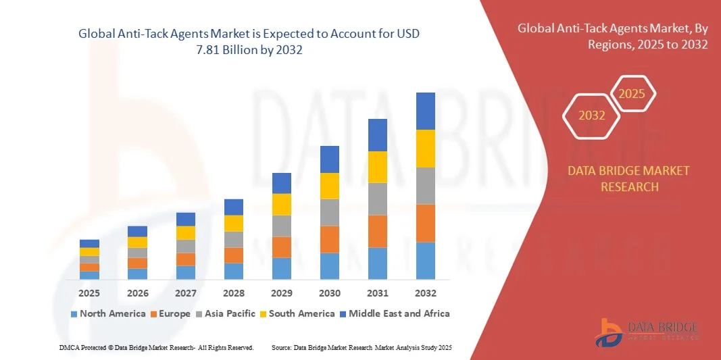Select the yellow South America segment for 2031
point(377,167)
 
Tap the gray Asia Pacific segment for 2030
point(329,212)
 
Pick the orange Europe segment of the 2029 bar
point(281,247)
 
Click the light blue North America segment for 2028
point(233,271)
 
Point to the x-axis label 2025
point(89,293)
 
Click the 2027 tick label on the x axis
point(185,293)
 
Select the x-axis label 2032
point(425,293)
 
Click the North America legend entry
point(107,313)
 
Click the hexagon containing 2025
point(632,94)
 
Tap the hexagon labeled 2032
point(591,115)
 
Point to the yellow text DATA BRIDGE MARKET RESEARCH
point(629,178)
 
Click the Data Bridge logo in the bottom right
point(647,331)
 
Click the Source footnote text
point(361,347)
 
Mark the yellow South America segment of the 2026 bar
point(137,242)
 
